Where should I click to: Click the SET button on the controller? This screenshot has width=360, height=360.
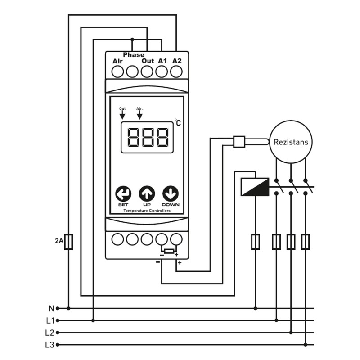[x=123, y=194]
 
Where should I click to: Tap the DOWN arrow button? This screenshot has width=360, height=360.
[x=171, y=194]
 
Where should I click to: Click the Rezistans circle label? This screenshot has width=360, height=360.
[x=291, y=142]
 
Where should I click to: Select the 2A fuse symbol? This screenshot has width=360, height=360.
[x=68, y=242]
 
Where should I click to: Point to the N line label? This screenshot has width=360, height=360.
[x=51, y=309]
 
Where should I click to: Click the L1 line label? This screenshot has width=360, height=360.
[x=50, y=320]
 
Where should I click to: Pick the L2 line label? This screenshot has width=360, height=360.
[x=50, y=333]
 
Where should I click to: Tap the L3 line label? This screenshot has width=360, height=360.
[x=50, y=345]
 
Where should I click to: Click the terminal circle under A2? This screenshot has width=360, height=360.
[x=176, y=72]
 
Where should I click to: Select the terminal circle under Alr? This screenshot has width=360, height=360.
[x=117, y=72]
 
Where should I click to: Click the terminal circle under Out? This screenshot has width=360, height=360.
[x=147, y=72]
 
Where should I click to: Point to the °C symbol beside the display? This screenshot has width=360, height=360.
[x=178, y=122]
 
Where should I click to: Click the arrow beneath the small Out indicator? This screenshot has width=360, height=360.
[x=122, y=115]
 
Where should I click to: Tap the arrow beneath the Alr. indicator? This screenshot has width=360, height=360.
[x=139, y=115]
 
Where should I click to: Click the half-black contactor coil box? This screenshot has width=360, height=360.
[x=255, y=187]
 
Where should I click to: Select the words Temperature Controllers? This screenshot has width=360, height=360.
[x=147, y=211]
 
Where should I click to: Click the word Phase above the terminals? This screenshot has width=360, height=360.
[x=134, y=54]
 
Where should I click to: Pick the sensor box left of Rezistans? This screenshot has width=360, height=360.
[x=239, y=142]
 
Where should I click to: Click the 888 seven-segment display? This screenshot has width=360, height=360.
[x=147, y=137]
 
